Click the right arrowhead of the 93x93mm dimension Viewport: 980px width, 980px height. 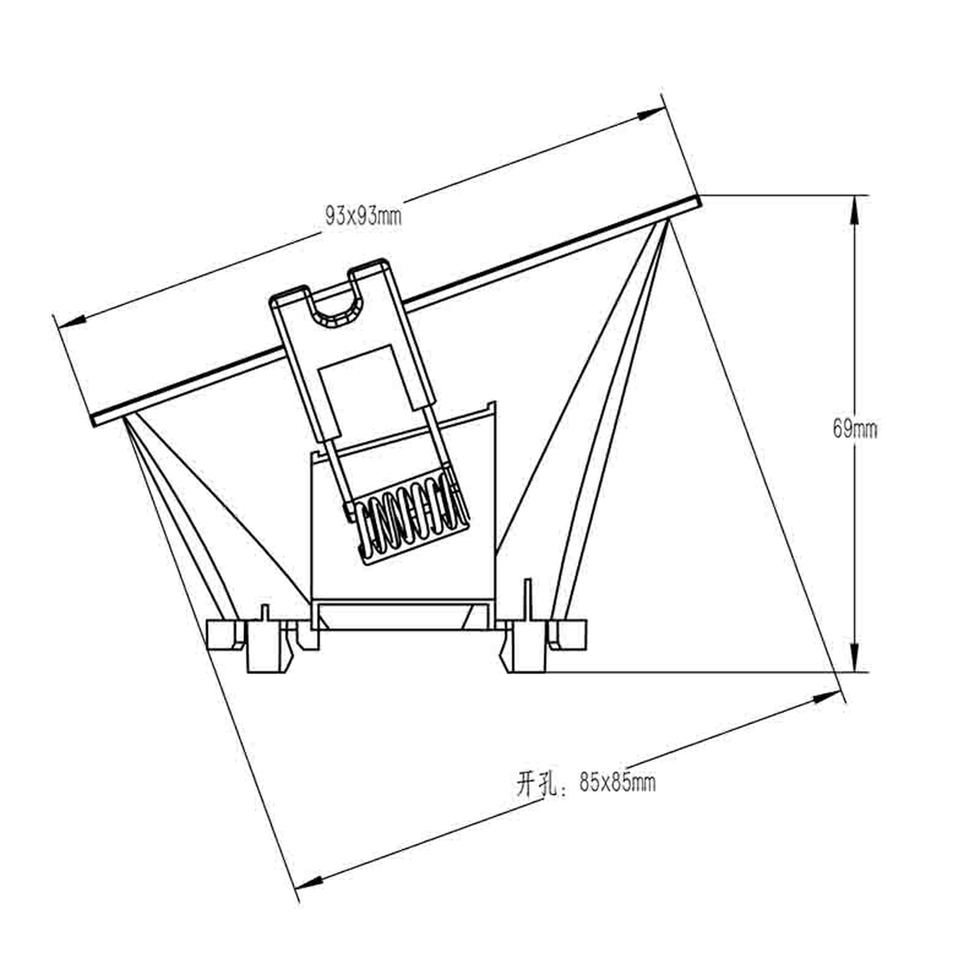[651, 114]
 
